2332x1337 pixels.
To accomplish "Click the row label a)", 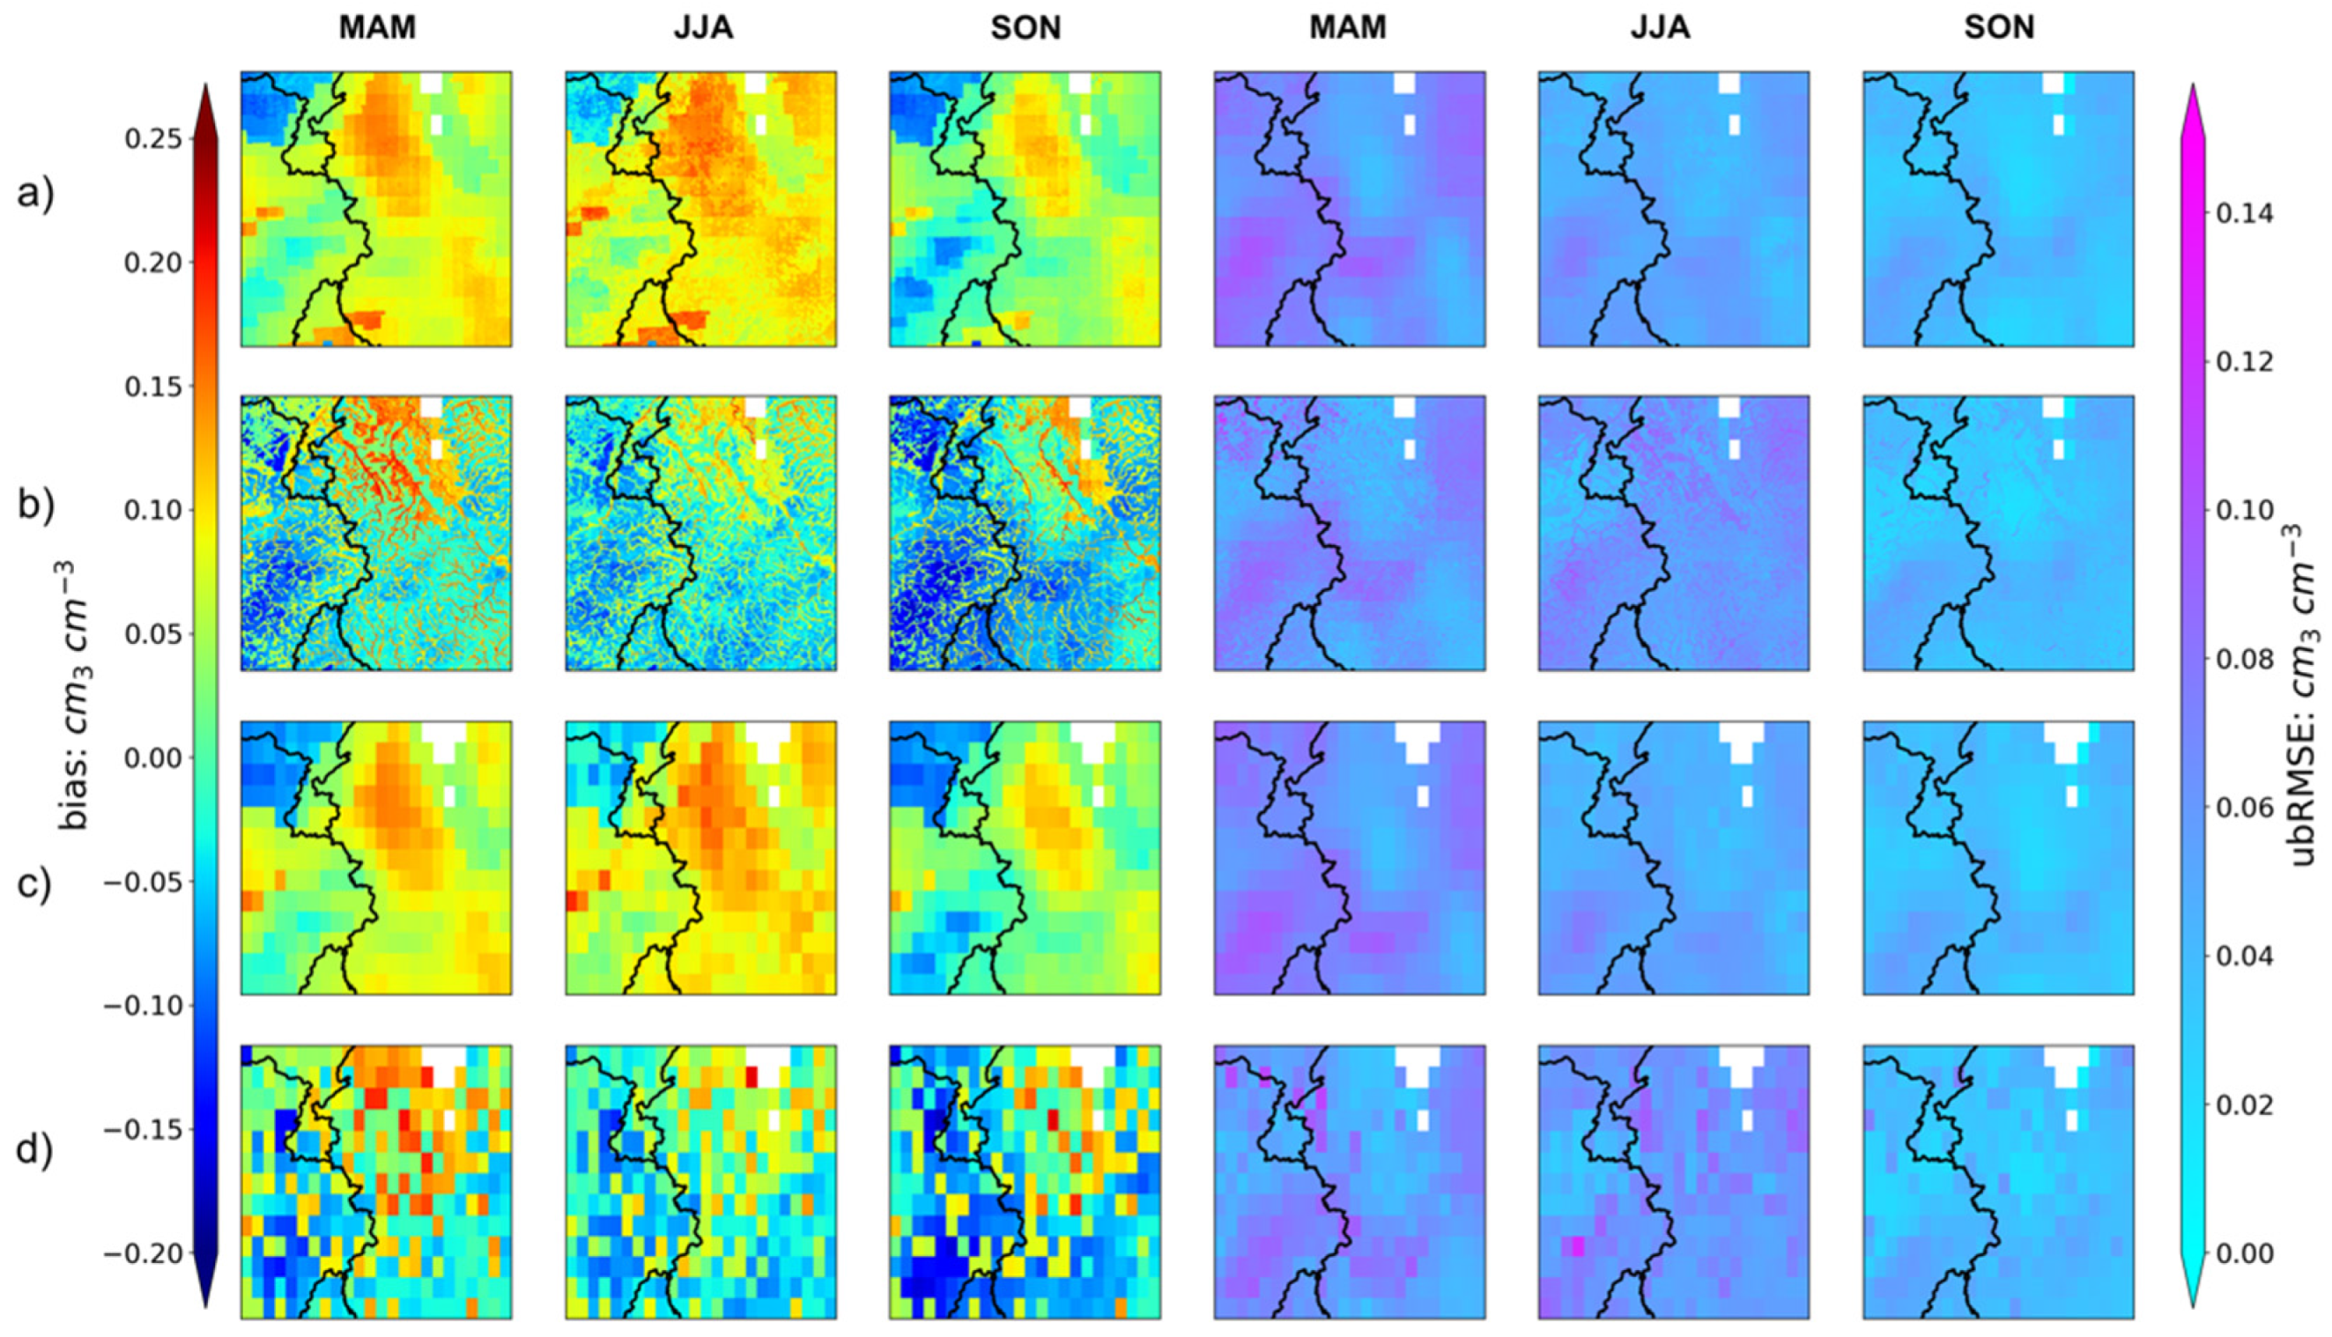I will coord(36,194).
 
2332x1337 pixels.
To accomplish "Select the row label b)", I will coord(36,506).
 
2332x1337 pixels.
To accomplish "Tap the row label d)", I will coord(36,1150).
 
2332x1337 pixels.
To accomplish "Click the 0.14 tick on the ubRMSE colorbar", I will coord(2243,214).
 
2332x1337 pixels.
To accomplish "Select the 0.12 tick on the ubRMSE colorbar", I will coord(2243,362).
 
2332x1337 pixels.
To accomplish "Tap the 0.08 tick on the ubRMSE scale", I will coord(2243,660).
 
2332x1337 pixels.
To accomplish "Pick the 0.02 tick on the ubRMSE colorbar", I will coord(2243,1104).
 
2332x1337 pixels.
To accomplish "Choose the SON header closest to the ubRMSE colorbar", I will coord(1999,27).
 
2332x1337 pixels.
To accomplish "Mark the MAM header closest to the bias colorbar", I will coord(376,27).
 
